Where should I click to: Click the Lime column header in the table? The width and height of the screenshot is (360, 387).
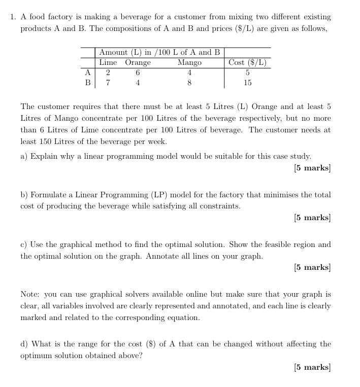click(108, 62)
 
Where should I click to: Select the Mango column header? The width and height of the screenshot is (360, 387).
click(189, 62)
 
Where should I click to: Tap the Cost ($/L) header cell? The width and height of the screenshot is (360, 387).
click(247, 62)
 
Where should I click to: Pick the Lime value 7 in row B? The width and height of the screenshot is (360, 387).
click(108, 83)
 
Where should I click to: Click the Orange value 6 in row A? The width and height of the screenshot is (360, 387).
click(138, 73)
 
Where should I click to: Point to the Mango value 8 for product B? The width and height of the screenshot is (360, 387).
click(189, 83)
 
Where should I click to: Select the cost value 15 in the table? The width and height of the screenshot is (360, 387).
click(247, 83)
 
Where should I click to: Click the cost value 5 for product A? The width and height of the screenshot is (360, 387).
click(247, 73)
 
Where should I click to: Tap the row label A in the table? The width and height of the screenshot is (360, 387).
click(88, 73)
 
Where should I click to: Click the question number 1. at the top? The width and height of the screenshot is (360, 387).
click(13, 17)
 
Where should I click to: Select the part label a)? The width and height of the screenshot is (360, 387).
click(24, 156)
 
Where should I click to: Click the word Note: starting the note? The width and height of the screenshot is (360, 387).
click(30, 294)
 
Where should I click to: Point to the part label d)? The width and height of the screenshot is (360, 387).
click(24, 343)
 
